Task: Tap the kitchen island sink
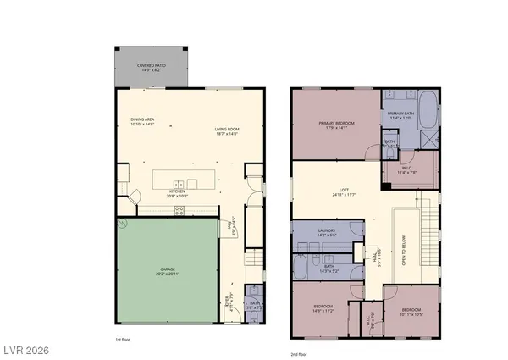click(x=179, y=184)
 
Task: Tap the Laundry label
click(x=327, y=231)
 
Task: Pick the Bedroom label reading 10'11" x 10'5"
click(x=411, y=311)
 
